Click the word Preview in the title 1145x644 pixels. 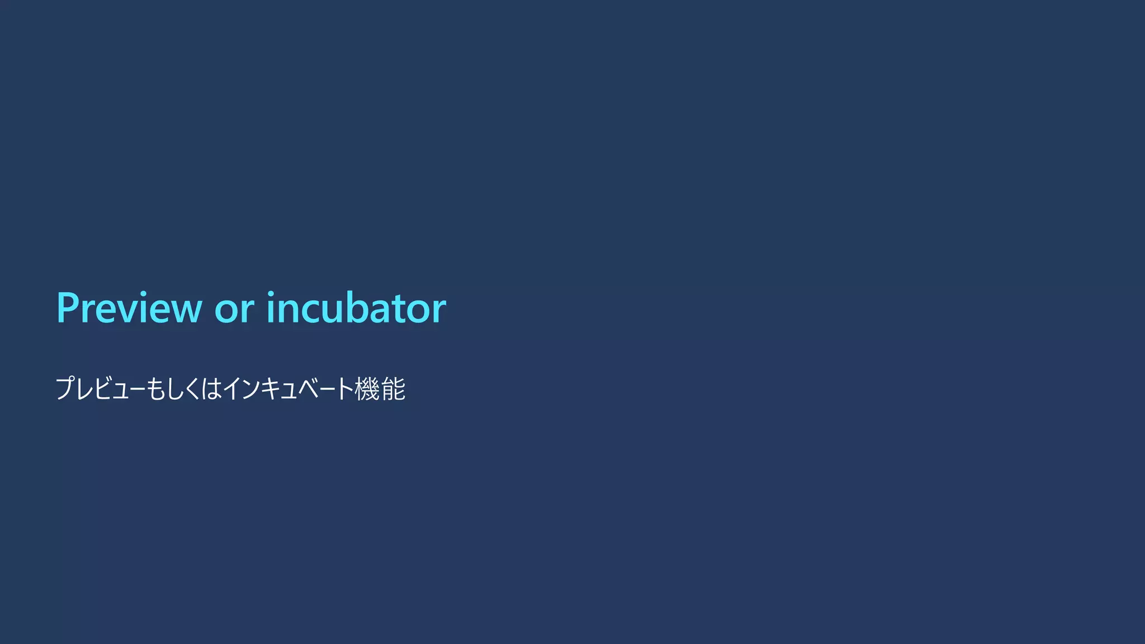click(x=129, y=308)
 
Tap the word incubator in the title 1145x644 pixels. click(x=356, y=308)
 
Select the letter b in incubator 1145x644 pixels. click(x=347, y=308)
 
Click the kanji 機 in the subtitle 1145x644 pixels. click(x=367, y=389)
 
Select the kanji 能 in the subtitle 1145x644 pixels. click(x=393, y=389)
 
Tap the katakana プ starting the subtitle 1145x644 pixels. click(x=65, y=389)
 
